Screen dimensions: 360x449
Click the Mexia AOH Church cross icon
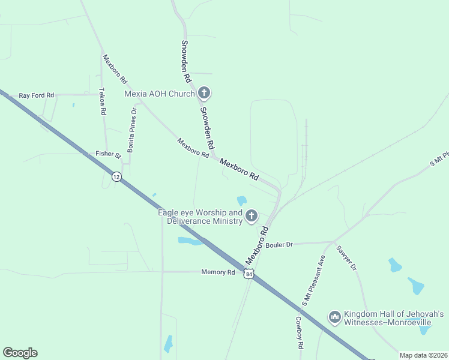[204, 93]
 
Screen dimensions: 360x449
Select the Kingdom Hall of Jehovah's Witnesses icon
[334, 316]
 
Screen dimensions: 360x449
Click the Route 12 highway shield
[116, 176]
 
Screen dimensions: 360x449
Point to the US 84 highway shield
[249, 274]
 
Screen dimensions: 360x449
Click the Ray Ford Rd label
[36, 95]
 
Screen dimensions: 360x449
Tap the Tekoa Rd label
[102, 101]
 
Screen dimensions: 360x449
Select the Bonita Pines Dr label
[131, 132]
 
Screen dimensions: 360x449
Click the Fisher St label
[108, 154]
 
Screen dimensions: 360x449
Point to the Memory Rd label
[218, 272]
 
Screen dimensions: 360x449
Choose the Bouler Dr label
[279, 244]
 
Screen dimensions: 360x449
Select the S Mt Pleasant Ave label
[313, 280]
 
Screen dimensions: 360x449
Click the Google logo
[20, 353]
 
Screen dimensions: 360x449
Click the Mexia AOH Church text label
[159, 94]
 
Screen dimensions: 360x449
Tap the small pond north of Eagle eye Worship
[242, 200]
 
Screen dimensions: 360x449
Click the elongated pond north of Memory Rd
[190, 241]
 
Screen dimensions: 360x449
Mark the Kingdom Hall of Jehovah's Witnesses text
[393, 318]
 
